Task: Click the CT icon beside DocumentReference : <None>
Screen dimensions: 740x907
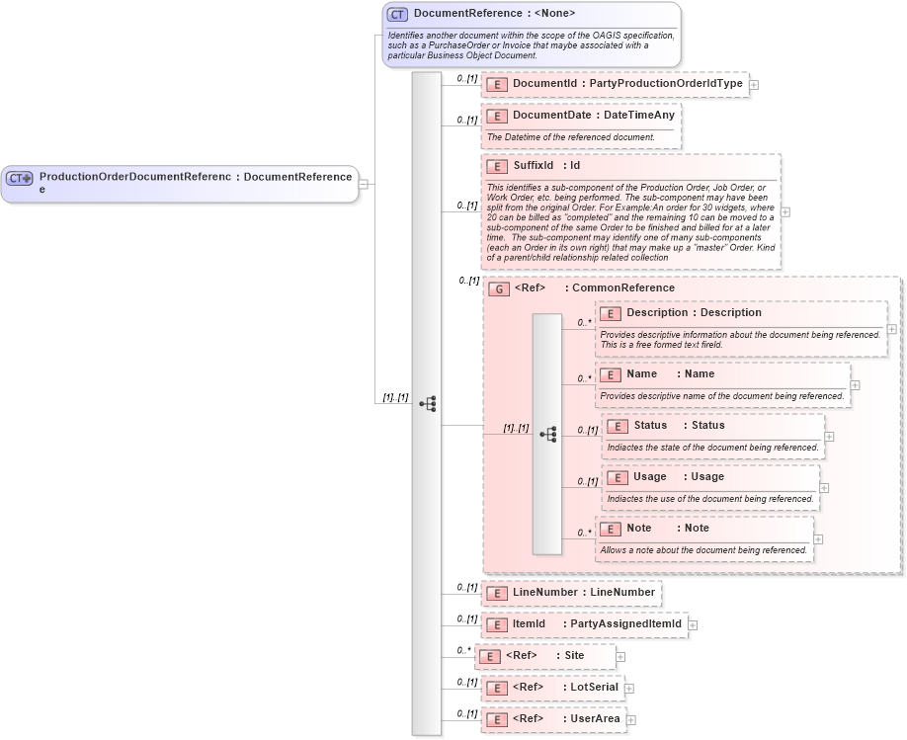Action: tap(397, 14)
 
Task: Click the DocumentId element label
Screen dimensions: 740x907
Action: tap(544, 84)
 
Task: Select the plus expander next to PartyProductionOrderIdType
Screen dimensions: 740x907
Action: tap(754, 85)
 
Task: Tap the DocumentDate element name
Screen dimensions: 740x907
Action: tap(551, 116)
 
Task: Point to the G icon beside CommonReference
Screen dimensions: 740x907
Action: tap(499, 288)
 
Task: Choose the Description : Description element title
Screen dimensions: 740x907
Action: tap(694, 313)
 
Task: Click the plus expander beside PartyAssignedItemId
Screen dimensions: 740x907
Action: tap(693, 624)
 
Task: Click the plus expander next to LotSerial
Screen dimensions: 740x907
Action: tap(629, 688)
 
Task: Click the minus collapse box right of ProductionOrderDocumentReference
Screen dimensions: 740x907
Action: tap(364, 183)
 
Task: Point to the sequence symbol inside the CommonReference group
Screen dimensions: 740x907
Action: tap(547, 435)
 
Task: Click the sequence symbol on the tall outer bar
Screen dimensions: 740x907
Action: tap(427, 404)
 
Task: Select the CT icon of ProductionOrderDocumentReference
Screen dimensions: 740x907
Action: tap(20, 178)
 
